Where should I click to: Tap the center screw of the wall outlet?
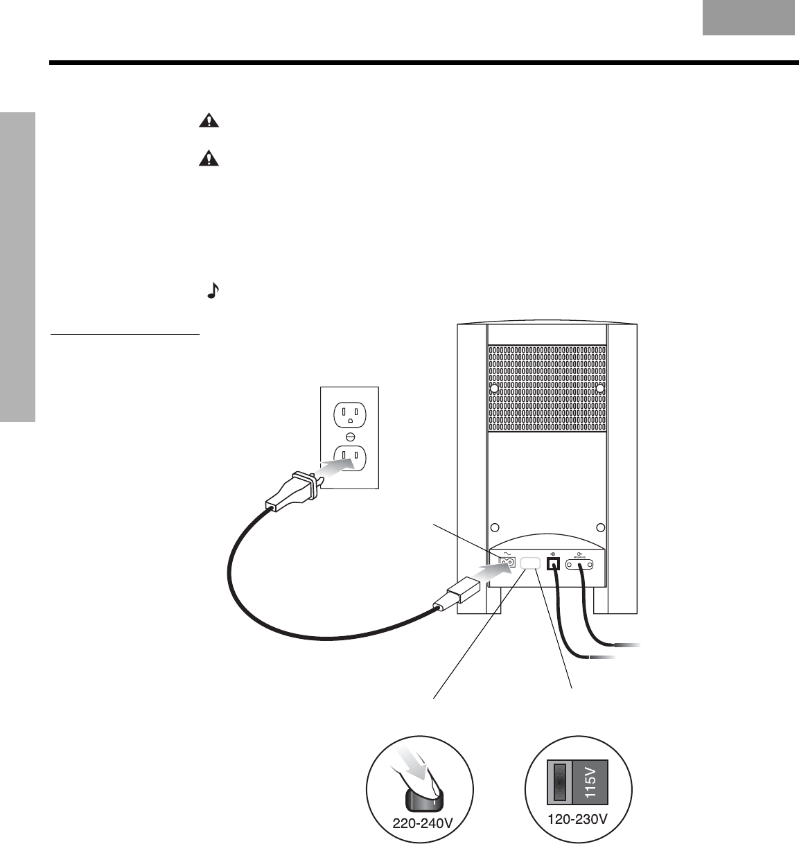tap(349, 436)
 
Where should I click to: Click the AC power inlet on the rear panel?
tap(507, 562)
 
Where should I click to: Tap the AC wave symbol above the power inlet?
tap(506, 552)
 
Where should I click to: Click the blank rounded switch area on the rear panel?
tap(530, 564)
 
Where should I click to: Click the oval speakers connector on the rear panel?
tap(581, 565)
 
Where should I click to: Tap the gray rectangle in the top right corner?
tap(748, 17)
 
